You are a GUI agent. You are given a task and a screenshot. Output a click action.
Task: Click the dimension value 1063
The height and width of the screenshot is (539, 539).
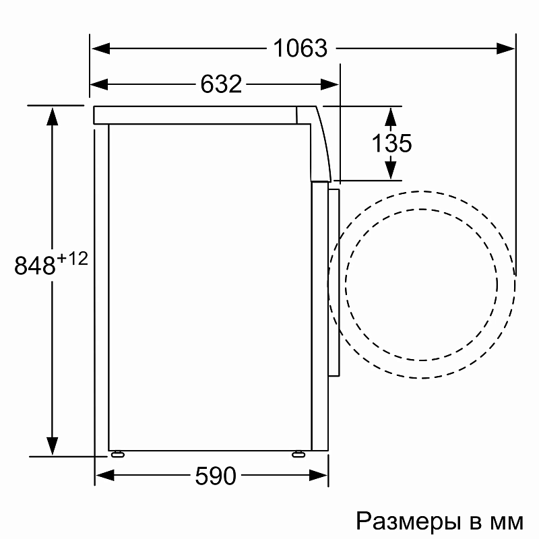(300, 49)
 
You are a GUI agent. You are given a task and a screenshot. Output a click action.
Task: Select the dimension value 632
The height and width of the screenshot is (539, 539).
(221, 84)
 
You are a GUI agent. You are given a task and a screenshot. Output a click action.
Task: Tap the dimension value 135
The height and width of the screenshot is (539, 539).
(391, 144)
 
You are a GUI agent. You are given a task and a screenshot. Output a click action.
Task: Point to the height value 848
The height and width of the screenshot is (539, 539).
(35, 265)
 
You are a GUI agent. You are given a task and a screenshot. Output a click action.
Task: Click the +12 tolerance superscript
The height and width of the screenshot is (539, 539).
(73, 259)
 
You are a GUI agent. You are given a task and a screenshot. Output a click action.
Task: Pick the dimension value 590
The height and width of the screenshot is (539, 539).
(216, 476)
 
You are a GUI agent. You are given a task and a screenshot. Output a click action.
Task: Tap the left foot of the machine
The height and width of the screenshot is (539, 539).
(119, 453)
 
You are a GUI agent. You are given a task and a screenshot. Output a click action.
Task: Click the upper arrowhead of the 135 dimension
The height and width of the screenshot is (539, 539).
(390, 115)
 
